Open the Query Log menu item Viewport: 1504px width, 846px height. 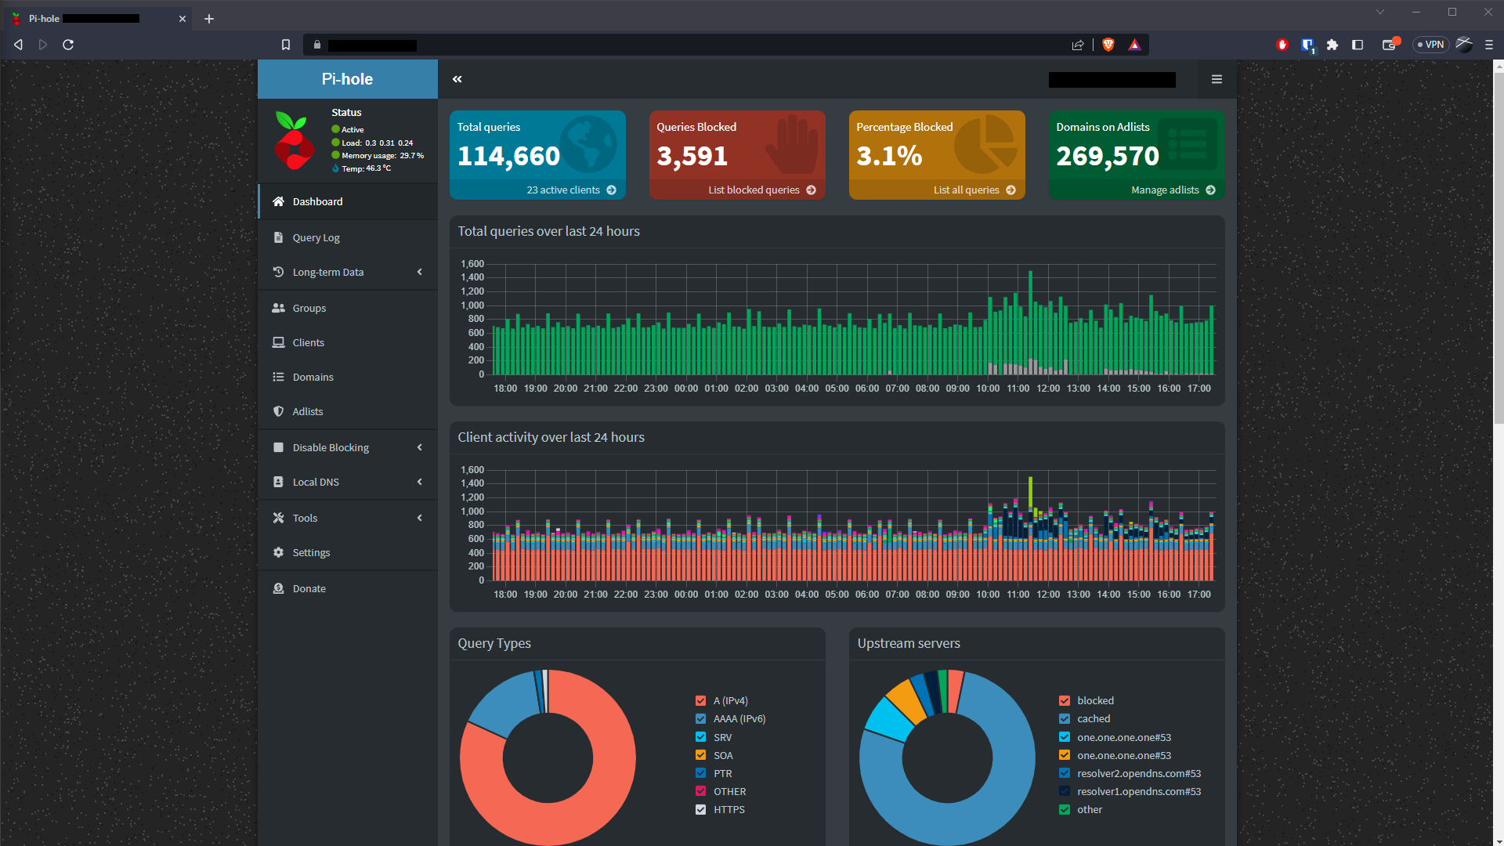coord(316,237)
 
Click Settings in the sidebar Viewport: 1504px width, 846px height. coord(311,552)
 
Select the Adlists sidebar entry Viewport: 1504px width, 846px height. coord(307,411)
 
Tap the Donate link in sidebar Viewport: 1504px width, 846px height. coord(309,588)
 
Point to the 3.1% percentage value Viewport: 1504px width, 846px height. coord(888,156)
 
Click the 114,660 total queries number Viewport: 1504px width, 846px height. coord(508,156)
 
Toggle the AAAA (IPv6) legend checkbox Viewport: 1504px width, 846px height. coord(700,718)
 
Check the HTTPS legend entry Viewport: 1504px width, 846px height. coord(700,809)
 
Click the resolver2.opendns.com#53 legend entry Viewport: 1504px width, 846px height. coord(1138,773)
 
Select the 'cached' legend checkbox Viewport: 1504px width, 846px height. coord(1064,718)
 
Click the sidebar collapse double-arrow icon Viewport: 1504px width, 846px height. coord(457,79)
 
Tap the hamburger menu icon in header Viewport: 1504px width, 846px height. coord(1217,79)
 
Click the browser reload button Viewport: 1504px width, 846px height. coord(68,45)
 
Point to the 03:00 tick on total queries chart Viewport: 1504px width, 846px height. coord(776,389)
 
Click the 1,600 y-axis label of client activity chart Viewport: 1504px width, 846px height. coord(472,470)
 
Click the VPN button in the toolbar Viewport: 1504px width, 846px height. coord(1431,45)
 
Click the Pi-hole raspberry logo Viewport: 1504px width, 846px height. coord(294,140)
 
